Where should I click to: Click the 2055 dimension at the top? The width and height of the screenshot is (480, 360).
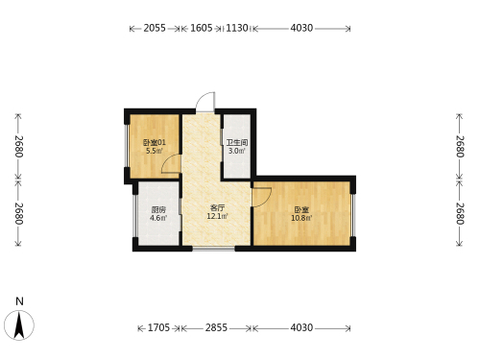point(155,28)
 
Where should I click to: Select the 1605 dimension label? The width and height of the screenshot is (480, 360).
point(202,28)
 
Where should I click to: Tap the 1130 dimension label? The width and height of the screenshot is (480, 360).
point(237,28)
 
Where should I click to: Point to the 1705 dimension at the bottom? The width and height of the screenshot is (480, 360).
point(158,327)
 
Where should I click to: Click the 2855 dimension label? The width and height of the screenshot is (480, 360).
point(216,327)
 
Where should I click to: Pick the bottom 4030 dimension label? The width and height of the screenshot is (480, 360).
point(301,327)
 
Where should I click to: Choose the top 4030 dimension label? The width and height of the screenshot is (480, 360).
point(301,28)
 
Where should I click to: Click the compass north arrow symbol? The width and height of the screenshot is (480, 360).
point(19,325)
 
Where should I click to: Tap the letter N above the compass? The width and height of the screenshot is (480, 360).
point(20,301)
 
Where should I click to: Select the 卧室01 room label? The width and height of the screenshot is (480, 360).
point(155,142)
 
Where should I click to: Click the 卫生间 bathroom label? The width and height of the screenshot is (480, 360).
point(237,142)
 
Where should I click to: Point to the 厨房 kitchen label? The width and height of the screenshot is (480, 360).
point(158,210)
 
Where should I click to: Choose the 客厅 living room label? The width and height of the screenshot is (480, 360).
point(218,208)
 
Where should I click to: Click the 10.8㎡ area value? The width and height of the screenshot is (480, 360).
point(301,218)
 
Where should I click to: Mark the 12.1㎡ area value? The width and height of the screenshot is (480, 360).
point(218,216)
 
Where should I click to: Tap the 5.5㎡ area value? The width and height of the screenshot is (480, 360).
point(155,151)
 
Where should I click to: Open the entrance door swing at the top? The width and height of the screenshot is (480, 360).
point(205,102)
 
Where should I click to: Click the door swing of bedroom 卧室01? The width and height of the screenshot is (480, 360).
point(171,163)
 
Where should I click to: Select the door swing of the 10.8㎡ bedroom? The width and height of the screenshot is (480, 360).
point(262,197)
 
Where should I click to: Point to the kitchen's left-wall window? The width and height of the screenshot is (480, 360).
point(135,216)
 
